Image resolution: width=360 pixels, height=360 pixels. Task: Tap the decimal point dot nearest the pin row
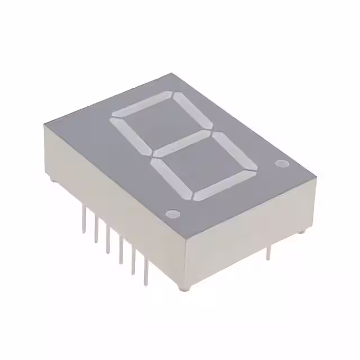[173, 214]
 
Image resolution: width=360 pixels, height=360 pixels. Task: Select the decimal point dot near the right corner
[281, 164]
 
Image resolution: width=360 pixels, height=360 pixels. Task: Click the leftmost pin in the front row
[84, 219]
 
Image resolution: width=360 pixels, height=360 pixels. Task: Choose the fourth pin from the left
[120, 251]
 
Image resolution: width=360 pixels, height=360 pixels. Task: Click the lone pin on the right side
[268, 252]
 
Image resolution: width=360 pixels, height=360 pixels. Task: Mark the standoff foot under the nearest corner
[182, 288]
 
